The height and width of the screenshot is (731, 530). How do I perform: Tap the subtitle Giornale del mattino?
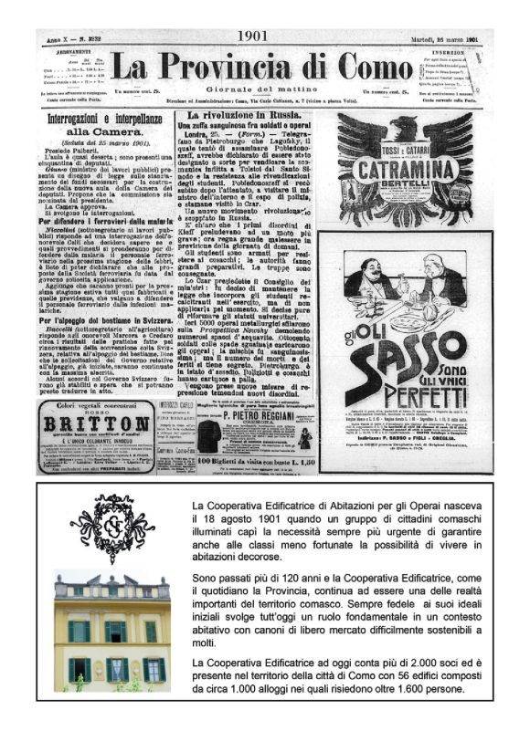point(265,89)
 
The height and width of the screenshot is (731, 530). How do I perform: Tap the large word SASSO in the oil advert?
point(407,347)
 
